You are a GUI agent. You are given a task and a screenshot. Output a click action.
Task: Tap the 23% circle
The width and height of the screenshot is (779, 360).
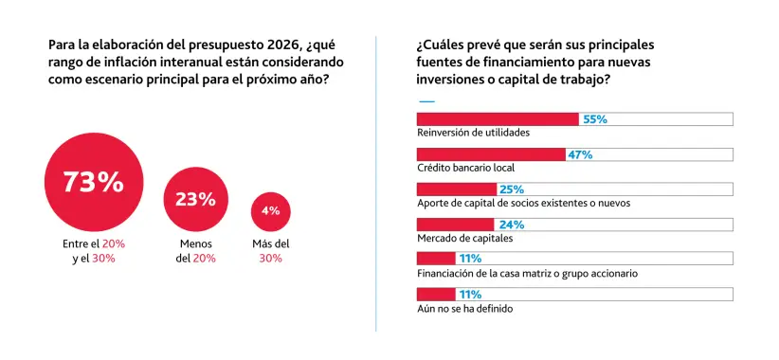pyautogui.click(x=195, y=199)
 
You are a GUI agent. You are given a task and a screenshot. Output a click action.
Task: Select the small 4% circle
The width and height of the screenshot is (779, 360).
pyautogui.click(x=270, y=210)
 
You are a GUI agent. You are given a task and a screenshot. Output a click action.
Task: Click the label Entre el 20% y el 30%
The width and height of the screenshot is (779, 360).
pyautogui.click(x=94, y=251)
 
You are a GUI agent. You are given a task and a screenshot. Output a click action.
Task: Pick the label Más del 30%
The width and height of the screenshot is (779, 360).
pyautogui.click(x=270, y=251)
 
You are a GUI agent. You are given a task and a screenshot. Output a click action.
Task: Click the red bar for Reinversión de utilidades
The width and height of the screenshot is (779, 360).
pyautogui.click(x=498, y=119)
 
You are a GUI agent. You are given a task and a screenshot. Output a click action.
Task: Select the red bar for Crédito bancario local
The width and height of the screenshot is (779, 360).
pyautogui.click(x=491, y=154)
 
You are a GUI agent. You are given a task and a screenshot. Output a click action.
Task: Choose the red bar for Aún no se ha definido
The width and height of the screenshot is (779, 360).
pyautogui.click(x=436, y=294)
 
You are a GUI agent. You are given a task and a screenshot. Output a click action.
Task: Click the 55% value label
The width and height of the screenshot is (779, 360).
pyautogui.click(x=594, y=119)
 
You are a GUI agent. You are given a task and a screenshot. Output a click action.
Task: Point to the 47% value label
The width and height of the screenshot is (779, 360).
pyautogui.click(x=579, y=154)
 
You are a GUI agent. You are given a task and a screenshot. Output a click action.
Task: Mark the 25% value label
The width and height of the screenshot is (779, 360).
pyautogui.click(x=512, y=189)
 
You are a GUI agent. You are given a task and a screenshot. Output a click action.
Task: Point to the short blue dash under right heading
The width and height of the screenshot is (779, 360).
pyautogui.click(x=426, y=100)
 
